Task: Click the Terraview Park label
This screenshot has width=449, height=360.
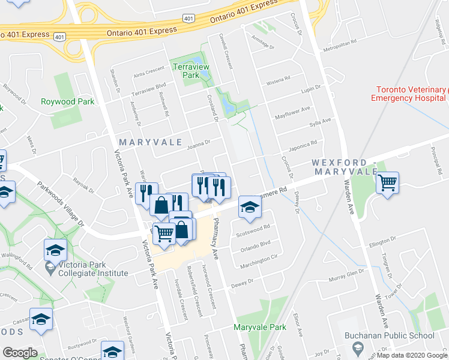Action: click(185, 71)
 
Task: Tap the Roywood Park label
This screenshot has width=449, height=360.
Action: click(67, 102)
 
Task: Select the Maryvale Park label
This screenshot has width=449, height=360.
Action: click(260, 328)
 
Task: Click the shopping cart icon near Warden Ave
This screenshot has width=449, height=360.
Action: click(388, 181)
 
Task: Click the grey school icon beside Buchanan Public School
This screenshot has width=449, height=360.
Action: click(357, 348)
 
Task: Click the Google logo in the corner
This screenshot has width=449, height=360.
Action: click(20, 353)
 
